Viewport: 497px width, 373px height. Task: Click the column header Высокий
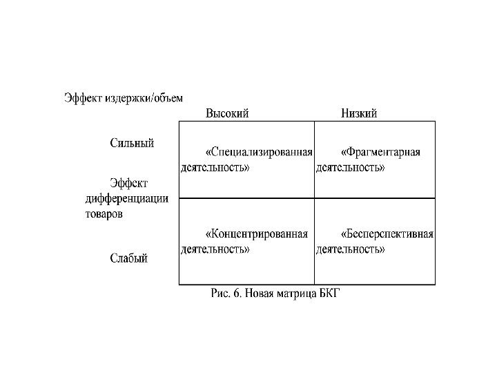pyautogui.click(x=227, y=113)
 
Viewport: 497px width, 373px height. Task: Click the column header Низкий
pyautogui.click(x=359, y=113)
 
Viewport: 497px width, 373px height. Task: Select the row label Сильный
pyautogui.click(x=132, y=144)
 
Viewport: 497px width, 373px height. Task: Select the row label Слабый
pyautogui.click(x=129, y=258)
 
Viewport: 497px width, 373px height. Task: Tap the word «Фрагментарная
pyautogui.click(x=382, y=152)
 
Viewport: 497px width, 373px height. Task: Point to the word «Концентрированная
pyautogui.click(x=257, y=233)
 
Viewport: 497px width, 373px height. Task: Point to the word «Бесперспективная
pyautogui.click(x=388, y=233)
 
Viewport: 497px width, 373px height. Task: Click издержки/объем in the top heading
pyautogui.click(x=144, y=97)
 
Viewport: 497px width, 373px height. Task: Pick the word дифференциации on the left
pyautogui.click(x=127, y=199)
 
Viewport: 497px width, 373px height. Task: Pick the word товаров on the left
pyautogui.click(x=104, y=214)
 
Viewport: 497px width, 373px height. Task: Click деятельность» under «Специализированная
pyautogui.click(x=215, y=167)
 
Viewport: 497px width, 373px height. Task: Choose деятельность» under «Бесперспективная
pyautogui.click(x=351, y=249)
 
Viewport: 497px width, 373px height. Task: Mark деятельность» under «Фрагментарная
pyautogui.click(x=351, y=167)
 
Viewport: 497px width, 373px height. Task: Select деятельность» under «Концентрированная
pyautogui.click(x=215, y=249)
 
